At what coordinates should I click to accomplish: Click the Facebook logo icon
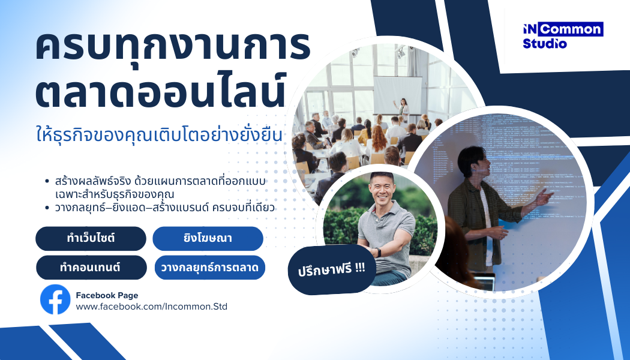click(x=55, y=300)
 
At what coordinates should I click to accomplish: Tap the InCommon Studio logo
click(x=563, y=36)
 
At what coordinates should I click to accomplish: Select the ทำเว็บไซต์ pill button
click(x=91, y=239)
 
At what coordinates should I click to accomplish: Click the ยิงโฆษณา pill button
click(x=208, y=239)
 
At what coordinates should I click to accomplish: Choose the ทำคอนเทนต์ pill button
click(x=91, y=268)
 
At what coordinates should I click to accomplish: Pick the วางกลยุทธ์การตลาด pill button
click(x=210, y=268)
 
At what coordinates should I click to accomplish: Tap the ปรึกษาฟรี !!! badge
click(x=332, y=269)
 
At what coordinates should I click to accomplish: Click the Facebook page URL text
click(x=151, y=307)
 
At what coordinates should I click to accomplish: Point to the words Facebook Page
click(x=107, y=295)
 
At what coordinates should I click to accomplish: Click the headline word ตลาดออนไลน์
click(x=160, y=91)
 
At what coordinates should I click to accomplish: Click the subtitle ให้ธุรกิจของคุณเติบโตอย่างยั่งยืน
click(x=160, y=134)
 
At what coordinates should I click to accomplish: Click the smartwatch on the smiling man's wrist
click(x=377, y=253)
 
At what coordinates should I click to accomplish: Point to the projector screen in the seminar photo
click(x=398, y=95)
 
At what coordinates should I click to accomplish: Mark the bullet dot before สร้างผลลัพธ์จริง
click(x=47, y=181)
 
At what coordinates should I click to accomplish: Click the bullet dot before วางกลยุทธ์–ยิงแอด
click(x=47, y=208)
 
